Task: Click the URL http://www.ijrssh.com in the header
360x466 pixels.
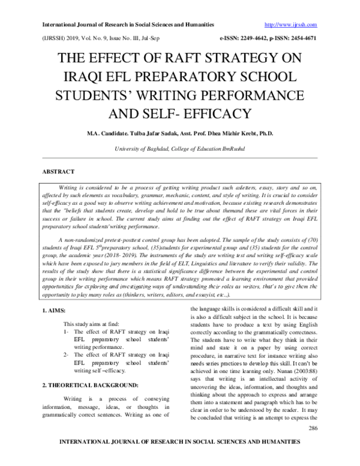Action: click(x=290, y=25)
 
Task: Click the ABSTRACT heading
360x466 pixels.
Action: click(x=58, y=171)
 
